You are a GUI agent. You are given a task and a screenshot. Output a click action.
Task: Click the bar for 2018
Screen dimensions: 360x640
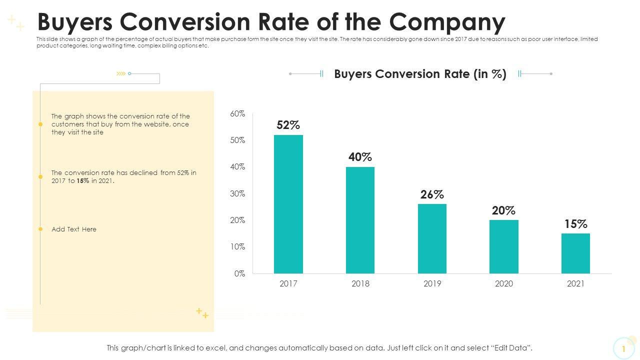[360, 220]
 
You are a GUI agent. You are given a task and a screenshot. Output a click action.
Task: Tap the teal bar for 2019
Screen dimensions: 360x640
[432, 238]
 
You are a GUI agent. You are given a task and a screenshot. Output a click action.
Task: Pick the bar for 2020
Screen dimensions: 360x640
[504, 246]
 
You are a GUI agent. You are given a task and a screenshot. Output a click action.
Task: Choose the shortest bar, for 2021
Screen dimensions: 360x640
[575, 253]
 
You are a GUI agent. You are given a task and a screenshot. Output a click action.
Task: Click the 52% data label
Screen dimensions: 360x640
[288, 125]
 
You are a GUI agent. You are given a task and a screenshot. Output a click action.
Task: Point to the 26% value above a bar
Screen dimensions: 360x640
[432, 194]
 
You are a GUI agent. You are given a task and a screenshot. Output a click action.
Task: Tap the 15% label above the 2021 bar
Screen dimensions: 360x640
[575, 224]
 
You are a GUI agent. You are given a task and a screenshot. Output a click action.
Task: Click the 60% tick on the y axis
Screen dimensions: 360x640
[237, 114]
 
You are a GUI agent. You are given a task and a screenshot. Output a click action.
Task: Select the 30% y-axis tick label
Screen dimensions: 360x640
[237, 194]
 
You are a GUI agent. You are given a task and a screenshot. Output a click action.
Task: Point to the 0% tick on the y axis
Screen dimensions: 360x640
[239, 273]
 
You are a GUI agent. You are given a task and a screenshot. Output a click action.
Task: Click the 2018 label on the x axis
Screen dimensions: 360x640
[360, 284]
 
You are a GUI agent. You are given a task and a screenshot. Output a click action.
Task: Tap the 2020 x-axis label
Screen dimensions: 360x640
[504, 284]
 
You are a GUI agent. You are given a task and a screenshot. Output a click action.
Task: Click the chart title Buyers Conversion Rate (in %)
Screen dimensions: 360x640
[420, 74]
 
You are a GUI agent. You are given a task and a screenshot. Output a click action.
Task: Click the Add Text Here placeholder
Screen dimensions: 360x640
[74, 229]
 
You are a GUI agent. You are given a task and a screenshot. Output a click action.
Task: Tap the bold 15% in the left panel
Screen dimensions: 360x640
[83, 181]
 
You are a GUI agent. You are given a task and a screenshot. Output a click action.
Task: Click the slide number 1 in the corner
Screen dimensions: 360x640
[623, 349]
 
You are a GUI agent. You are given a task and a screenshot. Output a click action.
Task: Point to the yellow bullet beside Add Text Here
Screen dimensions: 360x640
[40, 229]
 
